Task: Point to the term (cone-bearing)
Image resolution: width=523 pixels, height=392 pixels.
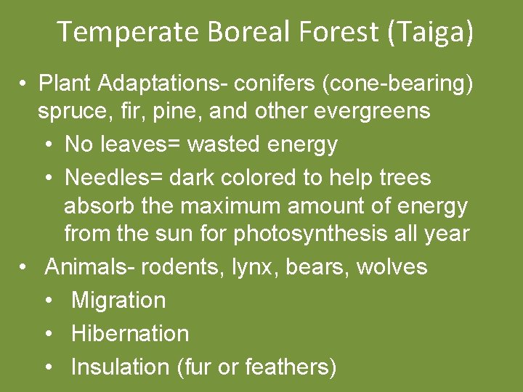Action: click(x=392, y=83)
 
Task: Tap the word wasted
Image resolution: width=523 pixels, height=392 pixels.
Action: click(x=224, y=144)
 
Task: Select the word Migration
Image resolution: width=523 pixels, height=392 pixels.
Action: click(x=118, y=301)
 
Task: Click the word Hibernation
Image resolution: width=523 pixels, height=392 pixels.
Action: click(x=130, y=333)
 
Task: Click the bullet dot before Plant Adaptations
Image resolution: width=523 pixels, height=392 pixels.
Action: click(x=24, y=84)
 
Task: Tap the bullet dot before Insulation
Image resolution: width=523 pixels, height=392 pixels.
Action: click(x=49, y=367)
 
